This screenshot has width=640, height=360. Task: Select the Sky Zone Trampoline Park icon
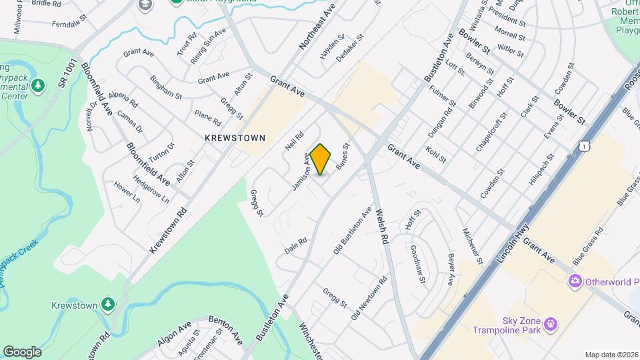(549, 325)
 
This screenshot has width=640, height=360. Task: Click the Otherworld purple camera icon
(575, 282)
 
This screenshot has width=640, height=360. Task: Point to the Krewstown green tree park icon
(108, 305)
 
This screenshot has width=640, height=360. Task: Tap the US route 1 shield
(585, 145)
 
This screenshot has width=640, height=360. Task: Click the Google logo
(22, 352)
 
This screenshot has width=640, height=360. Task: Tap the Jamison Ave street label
(301, 172)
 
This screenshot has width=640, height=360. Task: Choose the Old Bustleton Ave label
(353, 232)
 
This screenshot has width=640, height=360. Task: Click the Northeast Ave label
(316, 27)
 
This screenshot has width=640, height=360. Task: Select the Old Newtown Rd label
(369, 298)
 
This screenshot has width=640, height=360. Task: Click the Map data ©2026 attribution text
(611, 355)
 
